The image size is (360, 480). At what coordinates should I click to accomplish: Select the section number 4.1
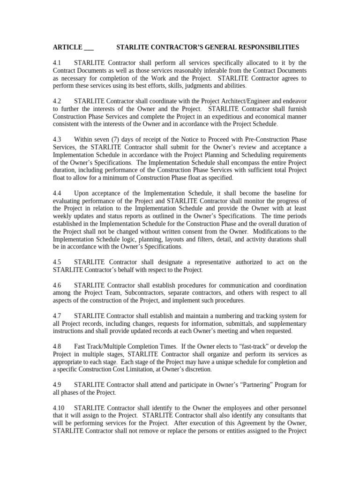tap(57, 63)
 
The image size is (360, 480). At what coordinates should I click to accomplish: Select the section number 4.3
tap(57, 140)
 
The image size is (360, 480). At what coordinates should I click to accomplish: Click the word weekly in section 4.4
tap(63, 216)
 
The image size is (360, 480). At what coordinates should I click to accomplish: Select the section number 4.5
tap(57, 262)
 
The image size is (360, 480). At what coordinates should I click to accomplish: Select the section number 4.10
tap(58, 408)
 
